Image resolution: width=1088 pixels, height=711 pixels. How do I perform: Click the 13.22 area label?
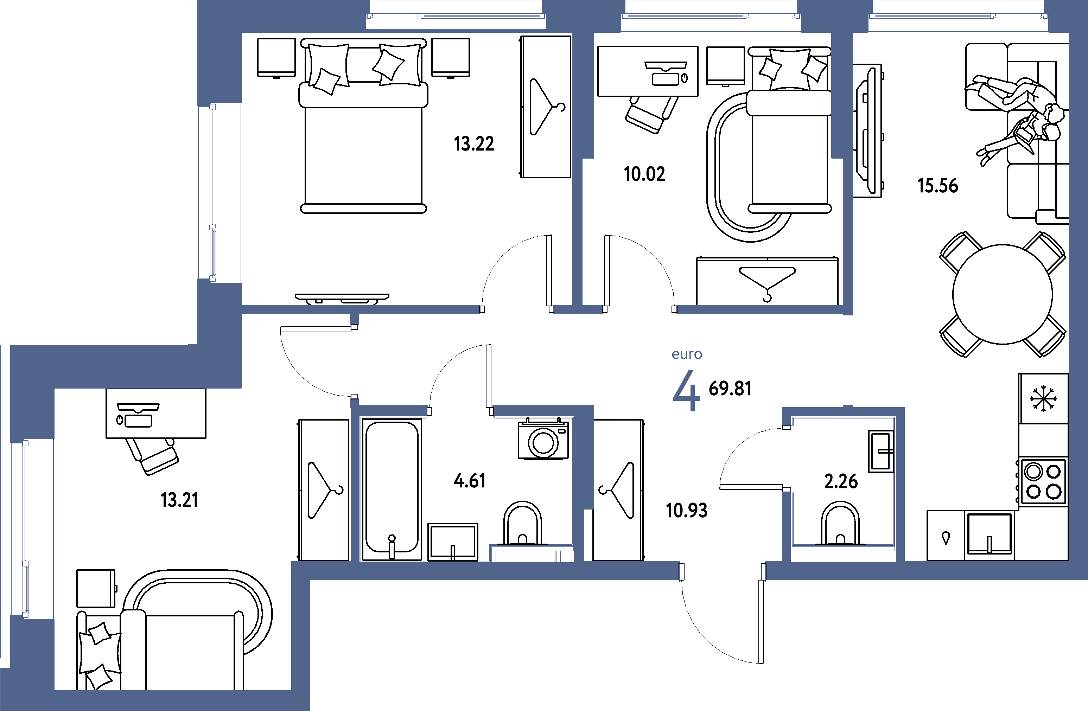pyautogui.click(x=473, y=144)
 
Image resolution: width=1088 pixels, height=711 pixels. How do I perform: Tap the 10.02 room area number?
pyautogui.click(x=644, y=174)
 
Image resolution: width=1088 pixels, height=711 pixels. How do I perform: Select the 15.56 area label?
pyautogui.click(x=937, y=186)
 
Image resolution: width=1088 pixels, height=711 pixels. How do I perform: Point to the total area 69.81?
pyautogui.click(x=730, y=389)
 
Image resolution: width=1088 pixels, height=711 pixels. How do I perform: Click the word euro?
pyautogui.click(x=687, y=354)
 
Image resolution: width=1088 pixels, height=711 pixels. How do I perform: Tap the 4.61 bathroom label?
pyautogui.click(x=470, y=481)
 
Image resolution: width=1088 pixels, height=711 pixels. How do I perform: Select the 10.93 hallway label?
pyautogui.click(x=686, y=511)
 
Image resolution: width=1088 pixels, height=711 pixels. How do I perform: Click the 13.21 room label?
pyautogui.click(x=179, y=500)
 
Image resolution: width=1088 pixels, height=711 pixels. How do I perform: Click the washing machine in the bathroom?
pyautogui.click(x=543, y=439)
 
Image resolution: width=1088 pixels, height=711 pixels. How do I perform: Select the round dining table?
pyautogui.click(x=1003, y=294)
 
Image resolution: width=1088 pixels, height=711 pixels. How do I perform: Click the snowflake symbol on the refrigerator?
pyautogui.click(x=1043, y=398)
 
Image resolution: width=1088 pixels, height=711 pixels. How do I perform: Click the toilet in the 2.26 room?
pyautogui.click(x=840, y=524)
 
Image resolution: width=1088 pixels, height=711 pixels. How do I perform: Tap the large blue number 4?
pyautogui.click(x=686, y=391)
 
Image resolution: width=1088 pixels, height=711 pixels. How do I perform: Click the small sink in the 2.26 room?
pyautogui.click(x=880, y=451)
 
